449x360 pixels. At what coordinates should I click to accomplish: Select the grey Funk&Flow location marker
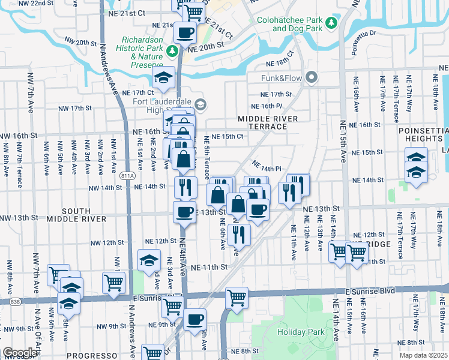click(311, 77)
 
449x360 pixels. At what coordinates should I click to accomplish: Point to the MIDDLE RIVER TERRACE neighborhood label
click(268, 123)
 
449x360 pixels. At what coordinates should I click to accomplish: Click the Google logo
click(20, 353)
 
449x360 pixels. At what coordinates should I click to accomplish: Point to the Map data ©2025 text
click(423, 355)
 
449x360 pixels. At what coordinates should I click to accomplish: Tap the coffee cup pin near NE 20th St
click(185, 33)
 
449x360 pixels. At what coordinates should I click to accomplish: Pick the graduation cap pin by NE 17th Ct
click(163, 78)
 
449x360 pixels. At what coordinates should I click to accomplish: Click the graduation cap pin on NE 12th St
click(149, 260)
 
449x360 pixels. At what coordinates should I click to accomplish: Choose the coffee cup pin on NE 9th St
click(194, 319)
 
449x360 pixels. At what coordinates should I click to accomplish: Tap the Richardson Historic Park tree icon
click(172, 50)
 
